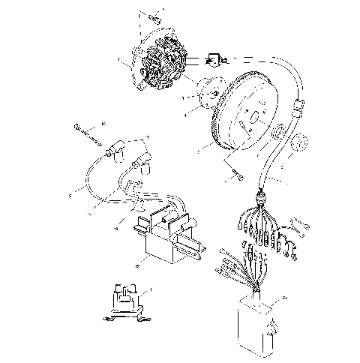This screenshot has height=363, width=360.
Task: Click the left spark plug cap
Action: point(115,151)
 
